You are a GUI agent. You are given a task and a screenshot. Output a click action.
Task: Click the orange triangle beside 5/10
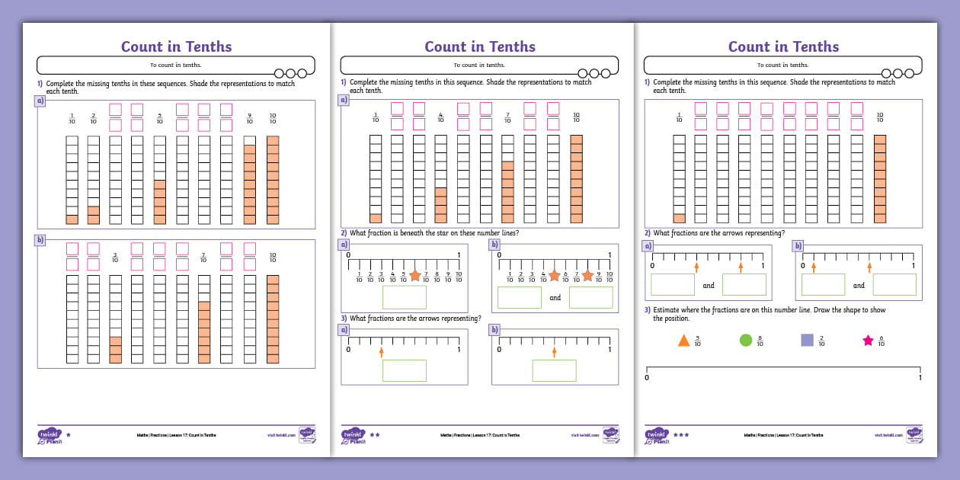683,340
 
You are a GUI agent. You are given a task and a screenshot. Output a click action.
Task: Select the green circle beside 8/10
745,340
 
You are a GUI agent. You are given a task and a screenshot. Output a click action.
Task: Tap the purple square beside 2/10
807,340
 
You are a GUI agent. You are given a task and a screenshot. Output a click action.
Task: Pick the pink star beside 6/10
867,341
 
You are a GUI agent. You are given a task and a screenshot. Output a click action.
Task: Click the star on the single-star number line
414,275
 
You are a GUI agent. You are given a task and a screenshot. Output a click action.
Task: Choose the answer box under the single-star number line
404,297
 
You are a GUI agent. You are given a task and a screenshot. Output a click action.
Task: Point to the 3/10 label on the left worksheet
115,258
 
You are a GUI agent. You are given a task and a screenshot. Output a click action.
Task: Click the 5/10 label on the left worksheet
160,118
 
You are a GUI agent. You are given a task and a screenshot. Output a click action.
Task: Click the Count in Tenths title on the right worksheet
784,46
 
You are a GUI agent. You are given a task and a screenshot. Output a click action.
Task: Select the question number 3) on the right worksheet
648,310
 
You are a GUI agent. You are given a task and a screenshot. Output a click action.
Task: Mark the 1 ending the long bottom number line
920,377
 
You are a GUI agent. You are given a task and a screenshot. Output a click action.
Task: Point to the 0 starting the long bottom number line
647,377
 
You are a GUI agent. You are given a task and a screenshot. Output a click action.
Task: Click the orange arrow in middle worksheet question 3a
381,351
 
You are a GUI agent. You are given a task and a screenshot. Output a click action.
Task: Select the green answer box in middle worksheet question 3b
554,370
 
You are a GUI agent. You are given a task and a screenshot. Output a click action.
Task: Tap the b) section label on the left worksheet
40,239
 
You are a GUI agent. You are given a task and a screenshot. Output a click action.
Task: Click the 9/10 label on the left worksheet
249,118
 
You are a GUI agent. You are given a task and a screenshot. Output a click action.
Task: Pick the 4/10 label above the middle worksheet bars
440,118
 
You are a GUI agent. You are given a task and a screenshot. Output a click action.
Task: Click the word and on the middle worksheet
555,298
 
